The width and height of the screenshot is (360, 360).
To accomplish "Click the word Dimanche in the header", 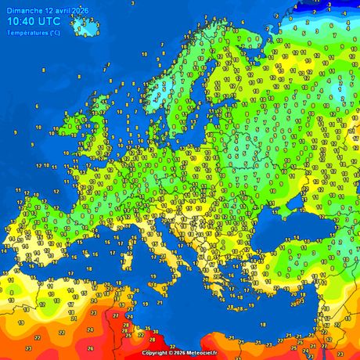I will (x=21, y=8).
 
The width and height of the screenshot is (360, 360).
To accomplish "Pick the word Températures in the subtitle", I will (x=27, y=33).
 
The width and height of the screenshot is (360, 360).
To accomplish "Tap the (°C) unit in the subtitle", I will (x=53, y=33).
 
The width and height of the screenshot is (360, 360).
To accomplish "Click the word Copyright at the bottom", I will (x=157, y=353).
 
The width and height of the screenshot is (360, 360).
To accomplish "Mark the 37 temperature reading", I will (x=171, y=345).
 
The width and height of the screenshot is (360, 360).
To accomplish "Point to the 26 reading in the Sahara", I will (x=90, y=348).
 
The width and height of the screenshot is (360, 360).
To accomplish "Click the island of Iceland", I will (x=83, y=25).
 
